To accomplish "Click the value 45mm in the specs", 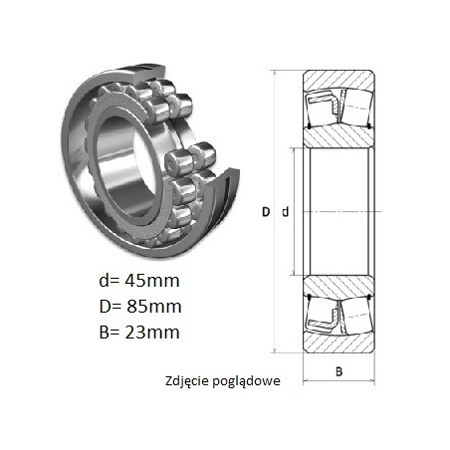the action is (152, 281).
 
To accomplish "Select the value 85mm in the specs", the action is (153, 307).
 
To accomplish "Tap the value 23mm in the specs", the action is (152, 333).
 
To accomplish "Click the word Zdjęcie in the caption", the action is (186, 381).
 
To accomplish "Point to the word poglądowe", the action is (246, 381).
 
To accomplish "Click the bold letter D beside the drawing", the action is (266, 212).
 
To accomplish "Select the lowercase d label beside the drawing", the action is (286, 212).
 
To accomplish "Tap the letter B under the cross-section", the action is (338, 371).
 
